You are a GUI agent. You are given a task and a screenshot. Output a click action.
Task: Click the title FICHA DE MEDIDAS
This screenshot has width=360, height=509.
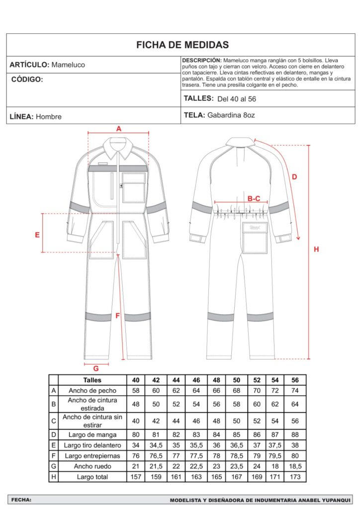(182, 45)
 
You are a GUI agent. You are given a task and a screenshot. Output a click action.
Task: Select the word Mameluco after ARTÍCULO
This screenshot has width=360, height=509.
(68, 65)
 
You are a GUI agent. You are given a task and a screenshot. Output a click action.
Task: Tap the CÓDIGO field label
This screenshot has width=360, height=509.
(27, 79)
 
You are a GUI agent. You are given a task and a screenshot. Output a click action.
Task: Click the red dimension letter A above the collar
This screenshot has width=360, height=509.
(118, 128)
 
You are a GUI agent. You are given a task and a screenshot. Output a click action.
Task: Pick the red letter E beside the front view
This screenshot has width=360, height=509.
(37, 235)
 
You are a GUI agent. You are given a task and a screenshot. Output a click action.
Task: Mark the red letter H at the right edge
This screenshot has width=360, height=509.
(316, 250)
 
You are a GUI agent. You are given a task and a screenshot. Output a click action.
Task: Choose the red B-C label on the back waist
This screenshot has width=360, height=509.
(254, 198)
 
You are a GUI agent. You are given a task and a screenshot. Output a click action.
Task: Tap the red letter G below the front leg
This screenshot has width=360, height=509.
(96, 368)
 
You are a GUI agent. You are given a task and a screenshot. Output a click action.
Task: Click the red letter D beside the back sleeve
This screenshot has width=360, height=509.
(294, 176)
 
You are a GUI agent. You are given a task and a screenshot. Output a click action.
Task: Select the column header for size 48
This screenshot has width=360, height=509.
(216, 380)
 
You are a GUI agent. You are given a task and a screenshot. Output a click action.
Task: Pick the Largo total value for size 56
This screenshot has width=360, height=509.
(295, 477)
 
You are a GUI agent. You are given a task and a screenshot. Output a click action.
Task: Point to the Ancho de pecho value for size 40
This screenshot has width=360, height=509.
(135, 391)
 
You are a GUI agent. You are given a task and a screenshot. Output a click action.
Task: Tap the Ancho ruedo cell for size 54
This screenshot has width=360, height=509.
(275, 466)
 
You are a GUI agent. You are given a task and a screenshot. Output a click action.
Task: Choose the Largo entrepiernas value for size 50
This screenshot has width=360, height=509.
(236, 455)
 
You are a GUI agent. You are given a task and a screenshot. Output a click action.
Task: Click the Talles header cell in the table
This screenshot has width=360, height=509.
(92, 380)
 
